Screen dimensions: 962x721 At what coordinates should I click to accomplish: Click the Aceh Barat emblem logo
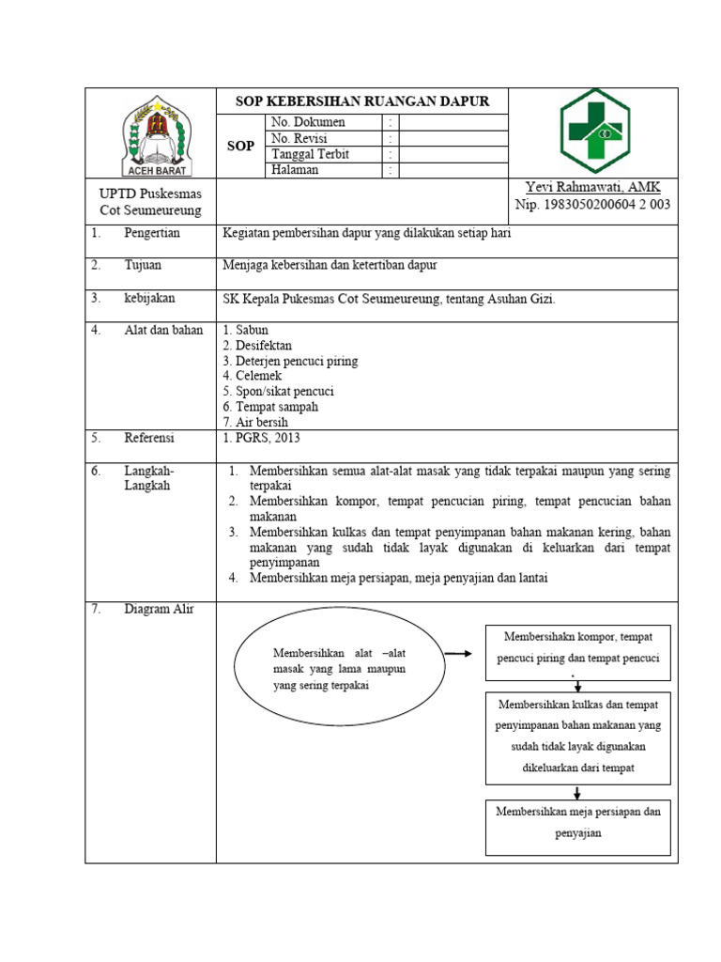[158, 136]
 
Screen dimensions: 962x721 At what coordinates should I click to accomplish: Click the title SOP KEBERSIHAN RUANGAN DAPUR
[361, 101]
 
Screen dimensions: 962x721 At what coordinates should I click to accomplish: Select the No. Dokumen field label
[308, 122]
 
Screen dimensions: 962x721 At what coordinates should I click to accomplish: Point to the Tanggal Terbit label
[310, 154]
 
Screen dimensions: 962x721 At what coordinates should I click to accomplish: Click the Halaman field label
[295, 170]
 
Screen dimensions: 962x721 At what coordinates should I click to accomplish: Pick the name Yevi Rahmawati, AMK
[592, 188]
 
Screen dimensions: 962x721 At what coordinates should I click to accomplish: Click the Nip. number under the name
[592, 205]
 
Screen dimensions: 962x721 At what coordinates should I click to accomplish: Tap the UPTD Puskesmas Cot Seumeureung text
[150, 202]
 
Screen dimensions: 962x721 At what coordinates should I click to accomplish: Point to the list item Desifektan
[257, 346]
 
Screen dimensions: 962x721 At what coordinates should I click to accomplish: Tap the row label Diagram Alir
[159, 609]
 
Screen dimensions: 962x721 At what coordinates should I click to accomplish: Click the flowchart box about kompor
[578, 651]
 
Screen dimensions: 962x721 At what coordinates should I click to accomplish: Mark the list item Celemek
[253, 376]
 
